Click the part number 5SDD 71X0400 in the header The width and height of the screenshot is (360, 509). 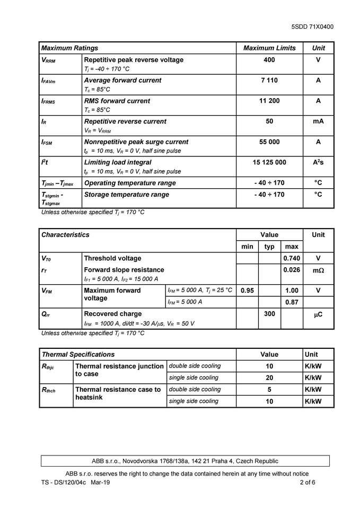tap(312, 27)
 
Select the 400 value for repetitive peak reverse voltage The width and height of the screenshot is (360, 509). tap(269, 60)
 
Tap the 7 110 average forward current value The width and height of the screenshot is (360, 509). tap(269, 81)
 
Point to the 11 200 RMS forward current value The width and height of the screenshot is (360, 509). tap(269, 101)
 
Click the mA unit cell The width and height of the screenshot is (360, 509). tap(318, 121)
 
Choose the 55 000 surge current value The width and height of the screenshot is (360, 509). tap(269, 142)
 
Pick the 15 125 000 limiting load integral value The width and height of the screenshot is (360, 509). tap(269, 162)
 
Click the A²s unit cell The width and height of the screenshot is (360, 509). tap(318, 162)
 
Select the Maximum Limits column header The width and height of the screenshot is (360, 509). tap(269, 48)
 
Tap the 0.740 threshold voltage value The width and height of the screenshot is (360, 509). tap(292, 258)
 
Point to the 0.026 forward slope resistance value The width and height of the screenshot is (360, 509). tap(292, 270)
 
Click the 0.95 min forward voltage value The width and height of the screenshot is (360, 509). tap(247, 291)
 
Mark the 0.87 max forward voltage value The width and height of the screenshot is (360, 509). tap(292, 302)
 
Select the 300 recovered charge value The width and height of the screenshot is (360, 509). tap(269, 314)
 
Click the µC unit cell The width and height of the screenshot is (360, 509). tap(318, 314)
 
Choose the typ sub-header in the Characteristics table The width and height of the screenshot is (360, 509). tap(269, 247)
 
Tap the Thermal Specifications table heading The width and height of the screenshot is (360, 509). tap(78, 354)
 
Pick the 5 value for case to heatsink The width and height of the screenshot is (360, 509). tap(269, 390)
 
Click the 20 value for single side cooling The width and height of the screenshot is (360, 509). tap(269, 378)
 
